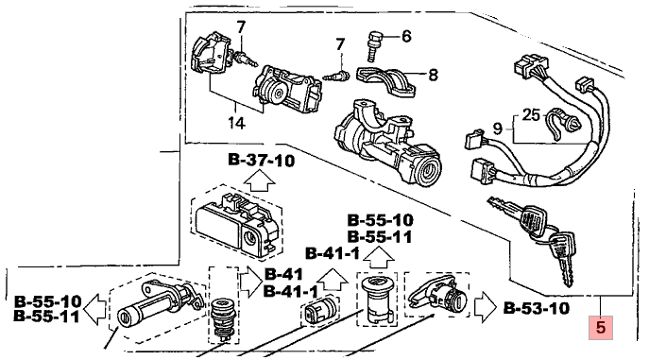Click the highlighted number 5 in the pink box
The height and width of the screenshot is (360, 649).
[600, 327]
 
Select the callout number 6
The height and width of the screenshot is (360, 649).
[406, 37]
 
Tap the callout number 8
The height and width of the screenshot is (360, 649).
[433, 75]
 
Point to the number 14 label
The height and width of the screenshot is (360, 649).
[236, 123]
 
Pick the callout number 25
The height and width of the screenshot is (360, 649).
[531, 114]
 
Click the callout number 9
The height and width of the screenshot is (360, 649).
[498, 129]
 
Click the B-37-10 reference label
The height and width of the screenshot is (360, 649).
[261, 160]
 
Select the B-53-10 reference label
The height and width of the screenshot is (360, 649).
[536, 308]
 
